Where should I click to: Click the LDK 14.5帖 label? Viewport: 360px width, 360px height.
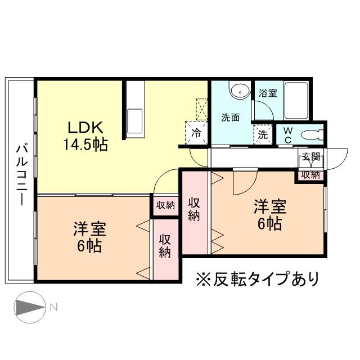(x=84, y=135)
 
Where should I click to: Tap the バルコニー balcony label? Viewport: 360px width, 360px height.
(x=21, y=174)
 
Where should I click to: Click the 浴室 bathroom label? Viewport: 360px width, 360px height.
(x=267, y=93)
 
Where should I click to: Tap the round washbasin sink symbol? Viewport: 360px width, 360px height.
(x=241, y=90)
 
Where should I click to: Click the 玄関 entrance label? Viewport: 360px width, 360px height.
(x=310, y=157)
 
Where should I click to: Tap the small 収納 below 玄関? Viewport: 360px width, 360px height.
(x=310, y=174)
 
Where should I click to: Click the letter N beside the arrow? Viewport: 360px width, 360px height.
(x=54, y=307)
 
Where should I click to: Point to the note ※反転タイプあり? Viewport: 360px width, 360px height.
(x=256, y=278)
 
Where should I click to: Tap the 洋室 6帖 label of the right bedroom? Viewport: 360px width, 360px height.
(x=270, y=214)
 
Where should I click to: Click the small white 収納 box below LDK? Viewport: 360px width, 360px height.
(x=165, y=205)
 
